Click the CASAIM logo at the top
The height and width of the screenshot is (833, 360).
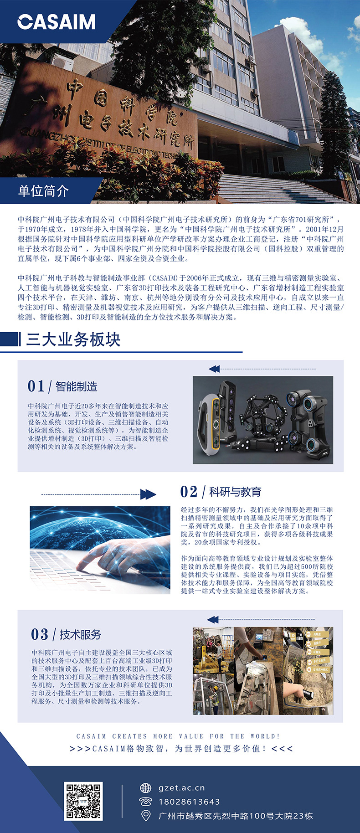coord(57,22)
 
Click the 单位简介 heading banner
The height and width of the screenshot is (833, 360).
coord(43,190)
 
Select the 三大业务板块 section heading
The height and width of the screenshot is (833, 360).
coord(73,339)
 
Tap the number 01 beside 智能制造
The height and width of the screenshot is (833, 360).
coord(36,386)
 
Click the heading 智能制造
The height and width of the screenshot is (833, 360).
coord(77,387)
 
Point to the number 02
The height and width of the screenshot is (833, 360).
coord(189,492)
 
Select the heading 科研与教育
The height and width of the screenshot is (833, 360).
coord(235,492)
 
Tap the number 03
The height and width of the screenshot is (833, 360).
coord(40,634)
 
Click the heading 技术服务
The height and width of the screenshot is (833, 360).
coord(80,634)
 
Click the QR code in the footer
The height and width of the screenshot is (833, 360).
coord(83,801)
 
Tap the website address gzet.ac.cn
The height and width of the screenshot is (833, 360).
coord(181,787)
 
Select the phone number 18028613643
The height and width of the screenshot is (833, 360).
coord(189,802)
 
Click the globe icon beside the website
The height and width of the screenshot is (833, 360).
coord(145,788)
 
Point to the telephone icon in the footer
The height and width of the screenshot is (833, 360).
coord(145,802)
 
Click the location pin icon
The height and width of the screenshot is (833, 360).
coord(146,816)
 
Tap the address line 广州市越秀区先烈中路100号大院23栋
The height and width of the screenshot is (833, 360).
coord(235,816)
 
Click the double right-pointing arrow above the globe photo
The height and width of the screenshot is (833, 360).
coord(148,494)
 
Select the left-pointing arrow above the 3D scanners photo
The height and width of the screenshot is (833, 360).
coord(214,369)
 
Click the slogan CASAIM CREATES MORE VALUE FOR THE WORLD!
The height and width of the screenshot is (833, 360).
coord(178,736)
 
